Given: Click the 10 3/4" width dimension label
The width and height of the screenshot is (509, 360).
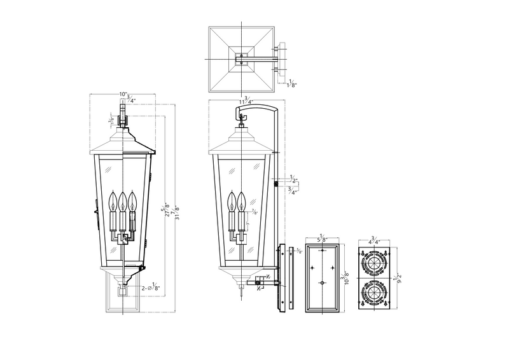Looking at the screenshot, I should [x=127, y=97].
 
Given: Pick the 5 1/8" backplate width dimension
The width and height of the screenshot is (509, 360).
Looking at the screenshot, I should [x=323, y=237].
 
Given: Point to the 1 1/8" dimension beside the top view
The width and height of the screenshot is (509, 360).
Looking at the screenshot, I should [x=291, y=83].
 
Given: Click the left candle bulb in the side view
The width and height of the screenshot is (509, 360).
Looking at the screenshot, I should [x=232, y=200].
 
